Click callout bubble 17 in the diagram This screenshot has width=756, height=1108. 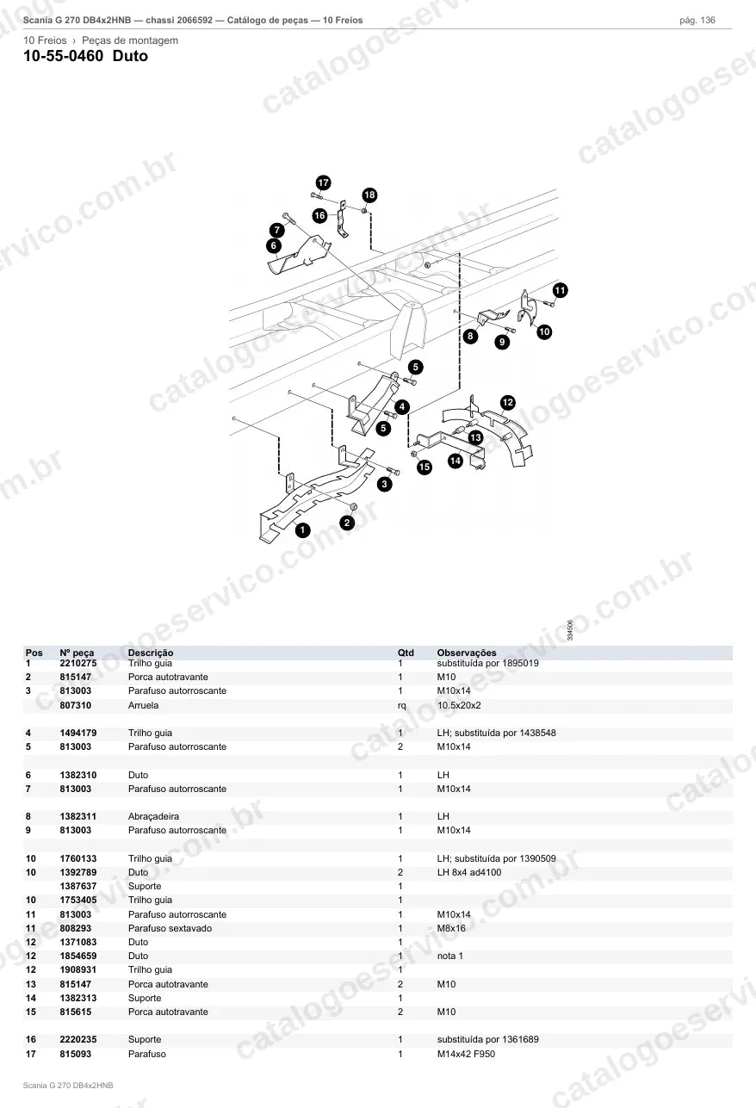pyautogui.click(x=323, y=183)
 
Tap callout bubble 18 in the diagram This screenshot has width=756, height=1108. pyautogui.click(x=369, y=195)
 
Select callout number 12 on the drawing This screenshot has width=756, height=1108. pyautogui.click(x=508, y=402)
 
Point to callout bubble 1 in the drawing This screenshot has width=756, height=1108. pyautogui.click(x=302, y=530)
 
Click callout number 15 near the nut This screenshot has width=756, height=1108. pyautogui.click(x=424, y=467)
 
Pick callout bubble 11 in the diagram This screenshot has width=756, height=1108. pyautogui.click(x=560, y=290)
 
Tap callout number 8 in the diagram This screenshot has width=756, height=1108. pyautogui.click(x=470, y=337)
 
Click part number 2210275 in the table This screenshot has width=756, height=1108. pyautogui.click(x=78, y=663)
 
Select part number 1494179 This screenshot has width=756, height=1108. pyautogui.click(x=78, y=733)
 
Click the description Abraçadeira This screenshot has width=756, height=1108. pyautogui.click(x=153, y=817)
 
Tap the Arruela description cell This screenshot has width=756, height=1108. pyautogui.click(x=143, y=705)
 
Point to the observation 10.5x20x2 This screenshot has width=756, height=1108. pyautogui.click(x=459, y=705)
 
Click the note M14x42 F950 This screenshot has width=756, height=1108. pyautogui.click(x=466, y=1054)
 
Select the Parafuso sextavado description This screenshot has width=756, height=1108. pyautogui.click(x=170, y=928)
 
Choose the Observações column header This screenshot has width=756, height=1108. pyautogui.click(x=466, y=653)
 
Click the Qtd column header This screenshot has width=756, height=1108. pyautogui.click(x=406, y=653)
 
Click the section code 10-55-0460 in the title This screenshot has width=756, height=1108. pyautogui.click(x=64, y=56)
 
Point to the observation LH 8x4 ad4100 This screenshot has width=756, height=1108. pyautogui.click(x=468, y=873)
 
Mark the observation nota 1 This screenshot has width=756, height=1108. pyautogui.click(x=449, y=956)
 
